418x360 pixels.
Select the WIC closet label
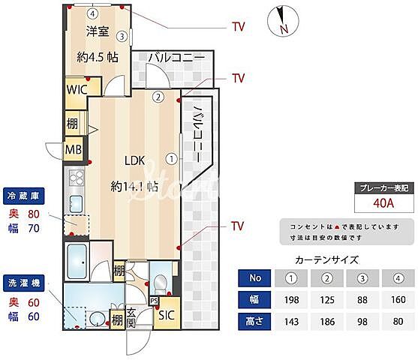[x=76, y=89]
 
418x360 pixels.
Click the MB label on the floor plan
[x=73, y=149]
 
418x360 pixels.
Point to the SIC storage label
[x=166, y=315]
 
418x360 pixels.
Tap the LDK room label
[x=134, y=160]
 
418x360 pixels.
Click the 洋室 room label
[x=97, y=31]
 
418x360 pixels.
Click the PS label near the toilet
[x=154, y=301]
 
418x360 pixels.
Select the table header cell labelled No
[x=256, y=278]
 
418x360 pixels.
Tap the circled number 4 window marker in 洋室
[x=92, y=13]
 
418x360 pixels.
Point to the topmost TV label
[x=238, y=27]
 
